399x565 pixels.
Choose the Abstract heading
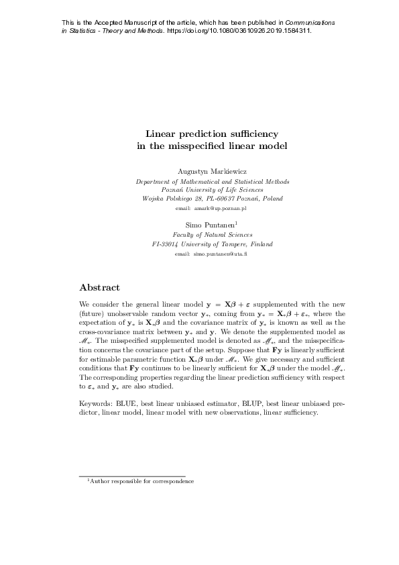click(99, 288)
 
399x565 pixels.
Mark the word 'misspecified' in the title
click(198, 145)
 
